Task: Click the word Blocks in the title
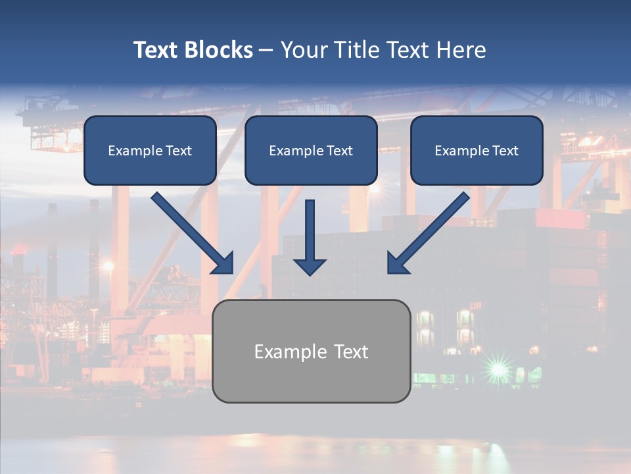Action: tap(217, 50)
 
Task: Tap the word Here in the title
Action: tap(461, 50)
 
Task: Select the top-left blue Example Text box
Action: tap(150, 150)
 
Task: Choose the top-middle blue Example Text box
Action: tap(311, 150)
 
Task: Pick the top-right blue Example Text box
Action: tap(477, 150)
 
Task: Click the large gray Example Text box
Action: tap(311, 351)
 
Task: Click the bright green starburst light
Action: tap(498, 368)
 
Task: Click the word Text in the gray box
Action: tap(349, 352)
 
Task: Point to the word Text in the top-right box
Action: tap(505, 151)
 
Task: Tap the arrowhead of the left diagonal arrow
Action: tap(223, 263)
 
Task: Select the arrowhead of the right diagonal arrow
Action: tap(397, 263)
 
